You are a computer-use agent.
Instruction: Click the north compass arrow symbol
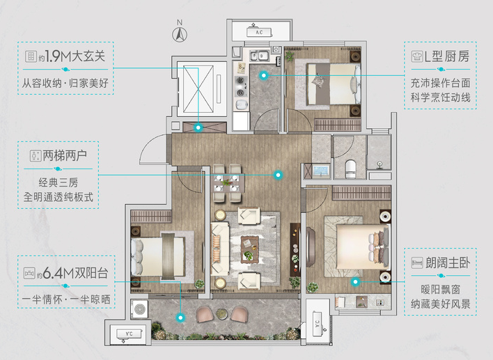[180, 34]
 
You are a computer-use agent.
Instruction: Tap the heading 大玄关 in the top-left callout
[88, 56]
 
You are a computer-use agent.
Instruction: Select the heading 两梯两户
[65, 155]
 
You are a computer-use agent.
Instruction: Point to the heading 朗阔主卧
[448, 263]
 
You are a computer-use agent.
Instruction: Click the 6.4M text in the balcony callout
[53, 273]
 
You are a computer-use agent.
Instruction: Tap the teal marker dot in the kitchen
[263, 75]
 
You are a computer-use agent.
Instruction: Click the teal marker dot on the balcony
[180, 318]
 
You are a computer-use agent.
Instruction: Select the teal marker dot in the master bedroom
[355, 282]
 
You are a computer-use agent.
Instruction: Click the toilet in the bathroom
[350, 169]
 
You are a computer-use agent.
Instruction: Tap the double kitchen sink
[260, 56]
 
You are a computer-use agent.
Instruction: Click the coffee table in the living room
[250, 249]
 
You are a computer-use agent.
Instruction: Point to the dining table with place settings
[229, 182]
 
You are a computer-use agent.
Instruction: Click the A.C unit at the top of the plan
[260, 32]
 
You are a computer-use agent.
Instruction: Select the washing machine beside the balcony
[139, 309]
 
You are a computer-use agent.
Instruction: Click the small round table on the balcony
[222, 313]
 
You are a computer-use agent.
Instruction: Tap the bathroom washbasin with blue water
[321, 171]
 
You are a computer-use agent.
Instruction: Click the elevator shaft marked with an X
[198, 89]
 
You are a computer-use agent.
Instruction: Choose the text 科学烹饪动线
[441, 97]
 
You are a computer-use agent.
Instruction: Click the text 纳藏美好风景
[441, 304]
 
